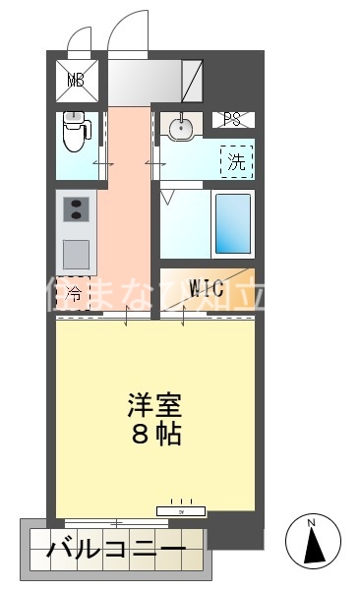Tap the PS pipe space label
point(233,120)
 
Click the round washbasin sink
point(179,128)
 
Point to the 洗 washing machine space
point(237,160)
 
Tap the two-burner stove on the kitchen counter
point(77,209)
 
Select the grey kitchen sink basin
point(77,255)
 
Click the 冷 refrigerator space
point(74,293)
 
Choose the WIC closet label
point(208,289)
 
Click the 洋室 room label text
point(155,405)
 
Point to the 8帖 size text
point(155,434)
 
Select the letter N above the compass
point(311,521)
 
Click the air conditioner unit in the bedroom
point(180,510)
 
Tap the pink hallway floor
point(128,216)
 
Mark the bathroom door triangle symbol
point(167,198)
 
